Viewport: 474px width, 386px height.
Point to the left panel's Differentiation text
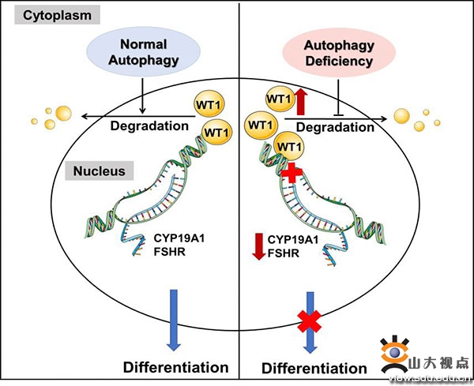click(175, 367)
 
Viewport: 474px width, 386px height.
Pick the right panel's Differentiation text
click(314, 368)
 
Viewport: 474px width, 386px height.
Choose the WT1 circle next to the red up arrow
click(276, 100)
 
